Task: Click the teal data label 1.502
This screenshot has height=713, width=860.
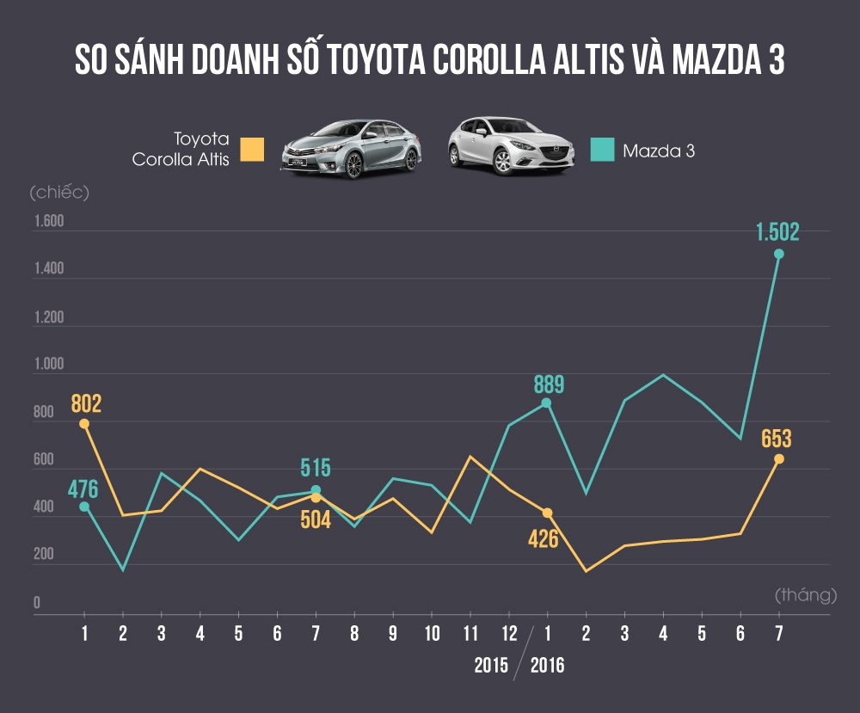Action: coord(777,232)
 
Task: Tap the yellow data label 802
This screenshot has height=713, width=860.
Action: coord(84,403)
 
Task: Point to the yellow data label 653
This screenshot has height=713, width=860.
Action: coord(776,439)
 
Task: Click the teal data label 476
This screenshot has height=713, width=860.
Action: coord(83,490)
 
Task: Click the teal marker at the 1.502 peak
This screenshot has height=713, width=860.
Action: coord(778,254)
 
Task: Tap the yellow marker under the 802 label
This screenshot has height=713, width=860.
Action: coord(84,424)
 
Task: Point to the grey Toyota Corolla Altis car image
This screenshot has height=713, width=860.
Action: coord(353,149)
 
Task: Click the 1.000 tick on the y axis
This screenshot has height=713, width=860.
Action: coord(49,365)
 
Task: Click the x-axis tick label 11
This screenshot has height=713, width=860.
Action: coord(470,634)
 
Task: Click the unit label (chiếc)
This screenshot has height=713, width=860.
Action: coord(59,191)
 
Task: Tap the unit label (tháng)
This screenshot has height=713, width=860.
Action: coord(805,594)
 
